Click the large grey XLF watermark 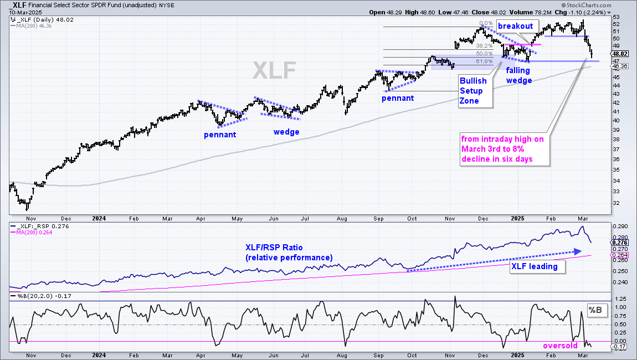coord(274,70)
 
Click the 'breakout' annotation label coord(515,26)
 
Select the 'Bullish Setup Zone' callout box coord(475,91)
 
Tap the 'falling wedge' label coord(518,75)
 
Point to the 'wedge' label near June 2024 coord(286,132)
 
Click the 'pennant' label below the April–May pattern coord(220,135)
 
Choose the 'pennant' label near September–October coord(398,98)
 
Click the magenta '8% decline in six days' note coord(502,149)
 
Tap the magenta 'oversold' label coord(560,346)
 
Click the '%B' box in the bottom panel coord(595,310)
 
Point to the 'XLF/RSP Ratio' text coord(274,248)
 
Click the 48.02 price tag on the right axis coord(619,54)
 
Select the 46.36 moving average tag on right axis coord(619,66)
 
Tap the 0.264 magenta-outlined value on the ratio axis coord(619,255)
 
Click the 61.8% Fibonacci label coord(484,61)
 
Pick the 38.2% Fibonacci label coord(484,46)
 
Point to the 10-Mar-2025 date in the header coord(25,12)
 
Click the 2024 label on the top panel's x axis coord(99,218)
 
